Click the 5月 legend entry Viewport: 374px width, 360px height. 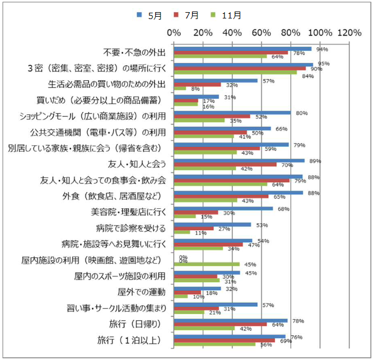click(149, 16)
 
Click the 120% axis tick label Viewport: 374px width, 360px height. click(349, 32)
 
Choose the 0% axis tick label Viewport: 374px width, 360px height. click(174, 32)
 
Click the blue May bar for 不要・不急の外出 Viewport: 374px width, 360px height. click(242, 49)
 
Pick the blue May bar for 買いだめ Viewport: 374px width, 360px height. click(196, 97)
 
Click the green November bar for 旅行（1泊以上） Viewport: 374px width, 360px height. click(215, 344)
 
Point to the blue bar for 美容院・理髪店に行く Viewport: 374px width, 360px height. click(223, 209)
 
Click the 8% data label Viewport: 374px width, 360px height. click(195, 89)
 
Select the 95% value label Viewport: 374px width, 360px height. click(323, 63)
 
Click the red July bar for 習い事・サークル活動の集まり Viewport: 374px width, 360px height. click(196, 308)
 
